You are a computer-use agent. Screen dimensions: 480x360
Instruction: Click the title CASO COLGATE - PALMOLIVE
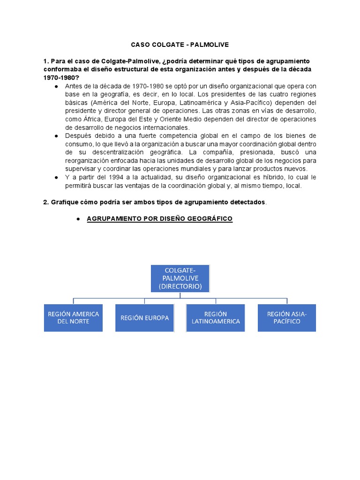tap(180, 45)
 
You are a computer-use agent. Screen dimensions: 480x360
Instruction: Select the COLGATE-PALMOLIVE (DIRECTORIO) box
tap(180, 278)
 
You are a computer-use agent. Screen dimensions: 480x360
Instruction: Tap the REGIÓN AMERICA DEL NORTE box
tap(73, 317)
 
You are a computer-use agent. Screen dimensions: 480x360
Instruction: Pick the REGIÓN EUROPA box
tap(144, 318)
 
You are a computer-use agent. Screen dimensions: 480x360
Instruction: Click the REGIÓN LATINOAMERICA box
tap(215, 317)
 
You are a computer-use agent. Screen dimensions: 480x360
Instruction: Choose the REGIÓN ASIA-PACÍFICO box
tap(286, 317)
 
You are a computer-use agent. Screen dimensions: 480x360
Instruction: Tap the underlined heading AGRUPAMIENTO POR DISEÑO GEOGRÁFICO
tap(159, 219)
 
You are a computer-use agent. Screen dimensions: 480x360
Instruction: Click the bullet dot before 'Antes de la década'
tap(56, 86)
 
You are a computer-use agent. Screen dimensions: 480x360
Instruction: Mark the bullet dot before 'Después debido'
tap(56, 135)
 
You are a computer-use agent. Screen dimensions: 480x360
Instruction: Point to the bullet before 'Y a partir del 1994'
tap(56, 177)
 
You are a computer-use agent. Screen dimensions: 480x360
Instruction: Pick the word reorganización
tap(90, 161)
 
